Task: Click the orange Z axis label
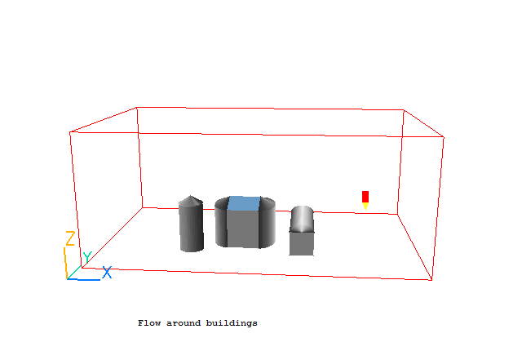pyautogui.click(x=70, y=238)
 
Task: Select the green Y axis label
pyautogui.click(x=86, y=257)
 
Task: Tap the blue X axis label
pyautogui.click(x=106, y=272)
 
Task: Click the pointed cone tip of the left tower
pyautogui.click(x=191, y=197)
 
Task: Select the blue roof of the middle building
pyautogui.click(x=244, y=204)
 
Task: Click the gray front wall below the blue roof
pyautogui.click(x=243, y=230)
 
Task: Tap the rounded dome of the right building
pyautogui.click(x=303, y=218)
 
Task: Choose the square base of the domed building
pyautogui.click(x=302, y=242)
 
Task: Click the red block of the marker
pyautogui.click(x=365, y=196)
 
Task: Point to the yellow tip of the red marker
pyautogui.click(x=365, y=206)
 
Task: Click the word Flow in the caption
pyautogui.click(x=148, y=323)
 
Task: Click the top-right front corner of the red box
pyautogui.click(x=445, y=136)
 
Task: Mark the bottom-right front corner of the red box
pyautogui.click(x=431, y=280)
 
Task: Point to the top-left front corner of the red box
pyautogui.click(x=70, y=131)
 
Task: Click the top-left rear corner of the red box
pyautogui.click(x=137, y=107)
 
